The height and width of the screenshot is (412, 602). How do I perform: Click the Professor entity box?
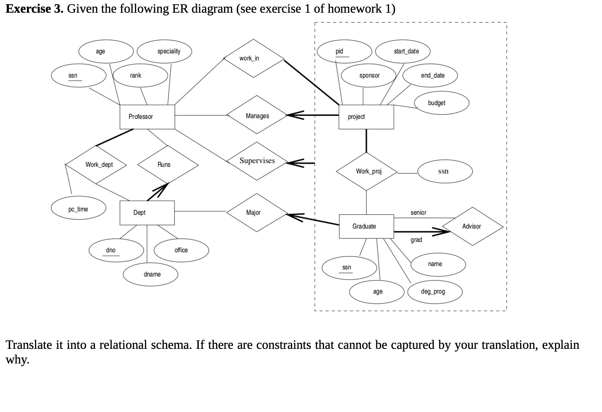click(147, 117)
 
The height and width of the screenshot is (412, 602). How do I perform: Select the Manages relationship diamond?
click(257, 115)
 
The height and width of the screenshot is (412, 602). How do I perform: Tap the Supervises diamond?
click(257, 161)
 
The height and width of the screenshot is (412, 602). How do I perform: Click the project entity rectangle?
click(366, 117)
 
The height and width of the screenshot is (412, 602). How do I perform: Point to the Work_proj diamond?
click(366, 172)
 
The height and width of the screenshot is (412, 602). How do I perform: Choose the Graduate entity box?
click(366, 226)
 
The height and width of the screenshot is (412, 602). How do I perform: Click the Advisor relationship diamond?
click(472, 226)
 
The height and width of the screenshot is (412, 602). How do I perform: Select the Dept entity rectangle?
click(147, 213)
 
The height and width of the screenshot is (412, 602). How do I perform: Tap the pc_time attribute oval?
click(78, 209)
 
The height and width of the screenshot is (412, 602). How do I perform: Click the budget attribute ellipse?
click(441, 103)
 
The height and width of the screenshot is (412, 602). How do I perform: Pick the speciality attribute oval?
click(164, 51)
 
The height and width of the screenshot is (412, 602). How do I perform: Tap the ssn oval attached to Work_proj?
click(445, 171)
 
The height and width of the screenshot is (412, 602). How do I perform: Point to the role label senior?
click(418, 213)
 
